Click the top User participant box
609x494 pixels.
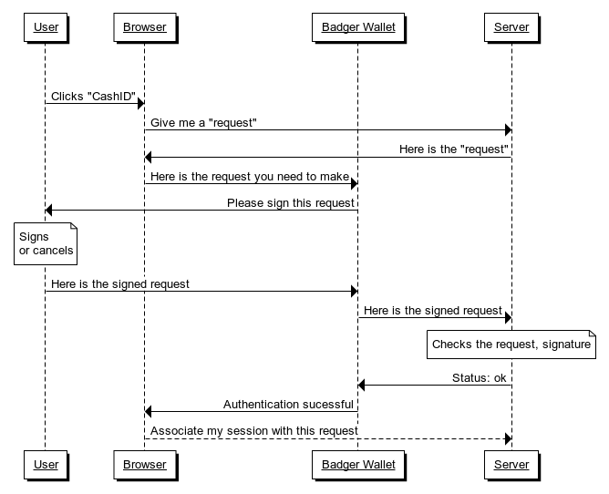(x=46, y=27)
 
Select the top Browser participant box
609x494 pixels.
(x=145, y=27)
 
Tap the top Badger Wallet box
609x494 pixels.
(x=358, y=27)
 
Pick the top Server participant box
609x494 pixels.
(x=511, y=27)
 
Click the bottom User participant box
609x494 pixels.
(x=46, y=465)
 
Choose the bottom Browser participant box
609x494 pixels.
(x=145, y=465)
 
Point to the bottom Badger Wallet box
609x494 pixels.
(x=358, y=465)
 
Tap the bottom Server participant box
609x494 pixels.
(x=511, y=465)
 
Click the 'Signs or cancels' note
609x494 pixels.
(x=46, y=244)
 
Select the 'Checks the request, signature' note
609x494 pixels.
(x=511, y=345)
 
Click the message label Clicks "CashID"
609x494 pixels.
(x=93, y=97)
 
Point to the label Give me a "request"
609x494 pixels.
(x=203, y=123)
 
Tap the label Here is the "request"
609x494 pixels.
(x=454, y=149)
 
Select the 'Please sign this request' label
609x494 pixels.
(x=291, y=203)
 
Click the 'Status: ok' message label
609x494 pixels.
(x=480, y=378)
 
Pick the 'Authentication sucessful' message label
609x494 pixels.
(x=288, y=405)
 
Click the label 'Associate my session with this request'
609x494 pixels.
(x=254, y=431)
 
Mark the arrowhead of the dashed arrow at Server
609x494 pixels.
(x=508, y=438)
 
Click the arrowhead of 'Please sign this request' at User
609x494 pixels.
(x=48, y=211)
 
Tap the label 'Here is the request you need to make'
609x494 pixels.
(x=250, y=177)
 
